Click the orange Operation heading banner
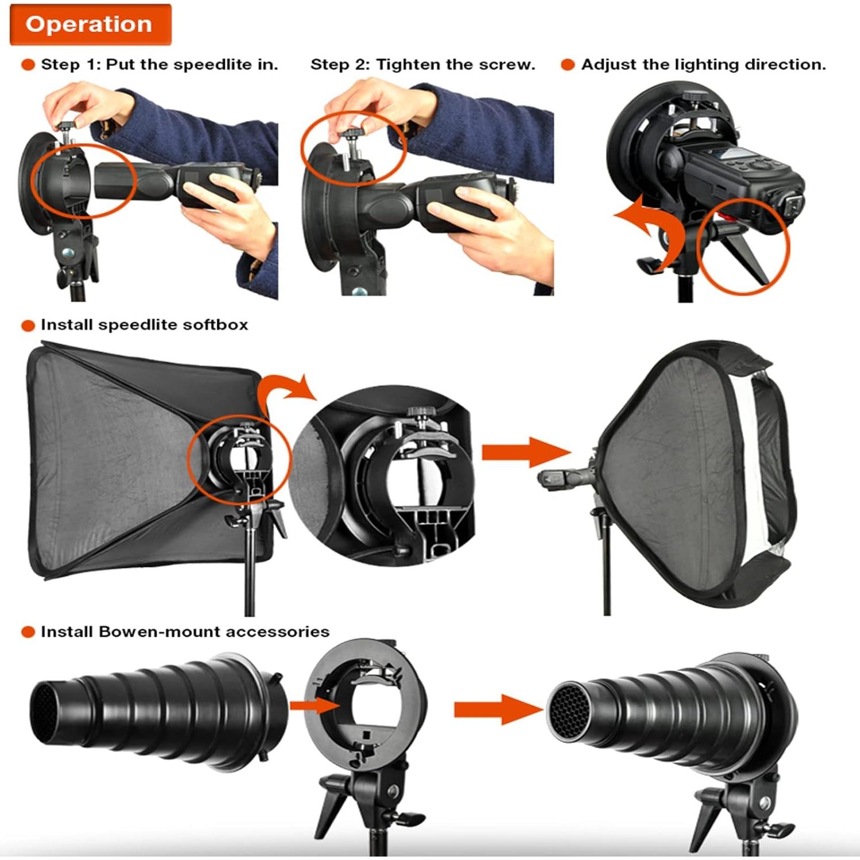pos(90,25)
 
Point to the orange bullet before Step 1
pos(28,64)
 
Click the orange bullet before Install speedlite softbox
pos(28,325)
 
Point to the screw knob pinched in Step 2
pos(350,136)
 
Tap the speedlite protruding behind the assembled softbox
pos(560,477)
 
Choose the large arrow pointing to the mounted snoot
pos(497,709)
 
